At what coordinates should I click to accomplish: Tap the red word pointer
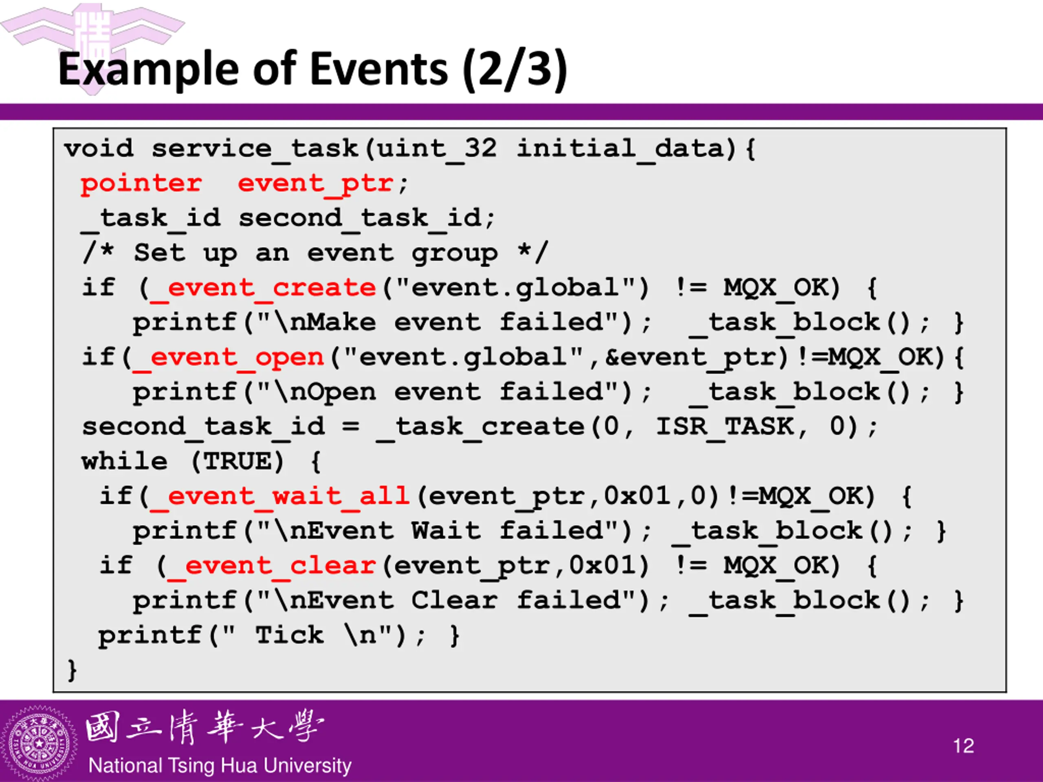point(141,183)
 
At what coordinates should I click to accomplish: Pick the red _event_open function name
point(228,357)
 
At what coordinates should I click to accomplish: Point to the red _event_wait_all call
point(279,496)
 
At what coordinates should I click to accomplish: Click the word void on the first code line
point(99,149)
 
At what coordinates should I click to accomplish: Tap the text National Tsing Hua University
point(220,765)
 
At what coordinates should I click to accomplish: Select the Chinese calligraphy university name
point(205,727)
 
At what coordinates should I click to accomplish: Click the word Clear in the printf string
point(454,600)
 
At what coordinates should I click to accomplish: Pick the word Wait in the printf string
point(446,531)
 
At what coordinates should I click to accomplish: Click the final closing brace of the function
point(72,670)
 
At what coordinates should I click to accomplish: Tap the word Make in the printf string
point(341,323)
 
